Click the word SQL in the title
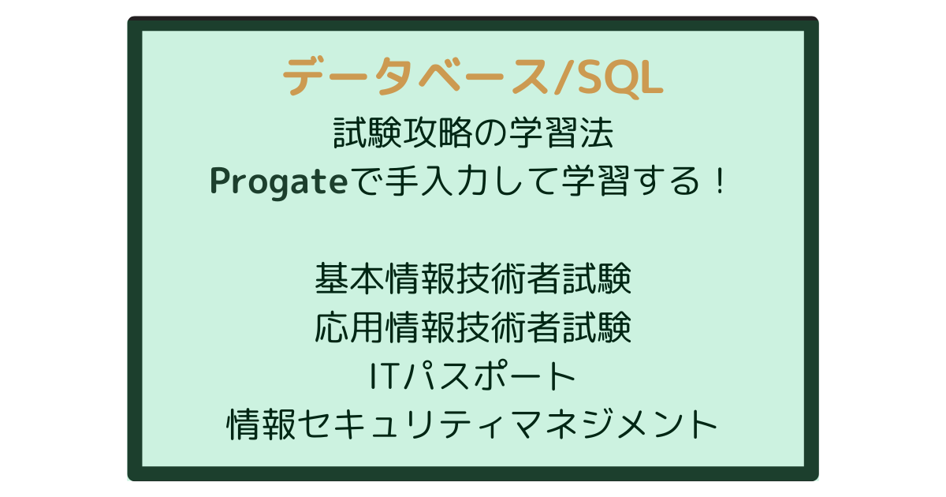(619, 78)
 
